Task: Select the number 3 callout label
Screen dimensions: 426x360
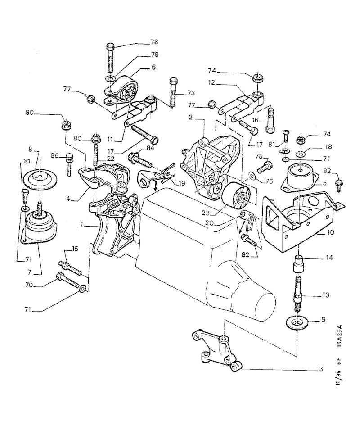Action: pos(321,370)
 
